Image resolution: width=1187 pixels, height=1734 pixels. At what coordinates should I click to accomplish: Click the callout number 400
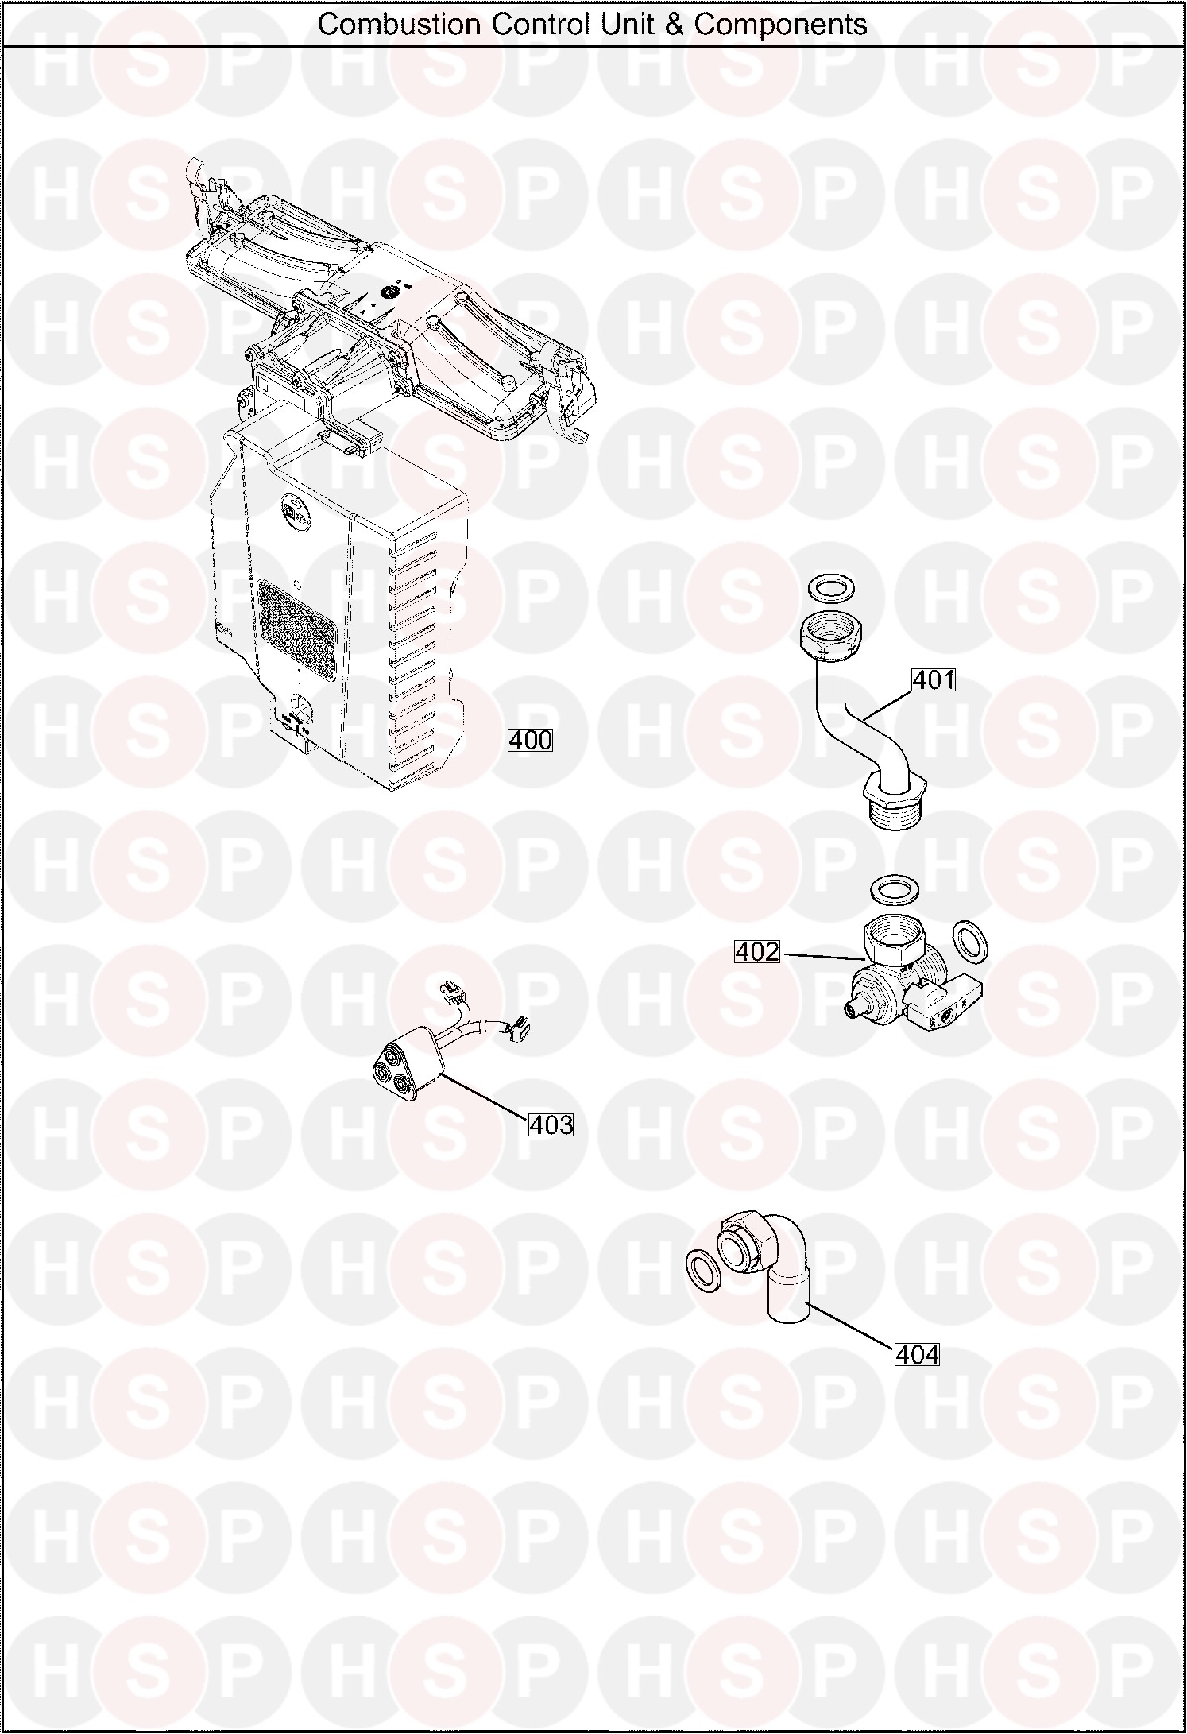pyautogui.click(x=530, y=740)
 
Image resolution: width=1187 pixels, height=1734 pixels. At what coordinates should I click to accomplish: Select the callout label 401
pyautogui.click(x=933, y=679)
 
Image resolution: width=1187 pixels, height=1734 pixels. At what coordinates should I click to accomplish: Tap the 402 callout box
pyautogui.click(x=757, y=951)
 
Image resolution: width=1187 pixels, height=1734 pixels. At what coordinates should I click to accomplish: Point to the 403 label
pyautogui.click(x=551, y=1124)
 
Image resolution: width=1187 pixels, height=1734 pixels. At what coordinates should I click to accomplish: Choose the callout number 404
pyautogui.click(x=917, y=1353)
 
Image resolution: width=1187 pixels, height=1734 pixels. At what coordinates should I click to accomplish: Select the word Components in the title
pyautogui.click(x=780, y=25)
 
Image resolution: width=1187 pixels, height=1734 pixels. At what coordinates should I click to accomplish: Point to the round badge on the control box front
pyautogui.click(x=288, y=506)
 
